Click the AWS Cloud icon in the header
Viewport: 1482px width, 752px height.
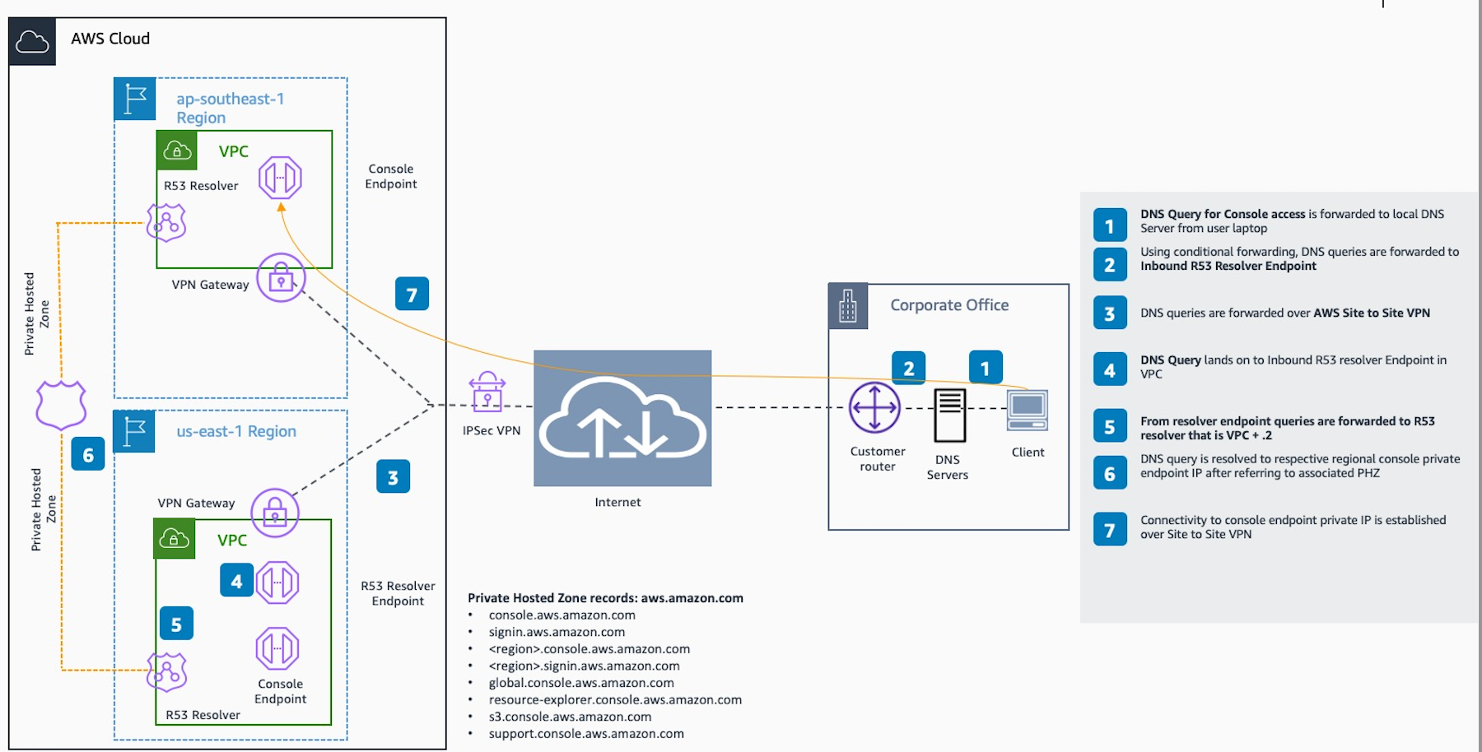pos(32,41)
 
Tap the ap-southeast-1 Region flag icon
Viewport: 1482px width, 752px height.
pos(134,100)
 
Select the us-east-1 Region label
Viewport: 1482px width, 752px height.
pos(236,431)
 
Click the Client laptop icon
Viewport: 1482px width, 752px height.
pos(1027,411)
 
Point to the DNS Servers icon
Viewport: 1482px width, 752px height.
pos(949,415)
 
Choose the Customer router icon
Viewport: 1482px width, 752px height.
pos(874,407)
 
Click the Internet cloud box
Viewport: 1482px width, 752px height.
pos(622,418)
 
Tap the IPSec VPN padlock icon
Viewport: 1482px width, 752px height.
pos(487,392)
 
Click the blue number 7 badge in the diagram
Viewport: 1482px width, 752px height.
pos(412,294)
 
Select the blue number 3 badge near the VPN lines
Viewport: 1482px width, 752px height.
pos(393,477)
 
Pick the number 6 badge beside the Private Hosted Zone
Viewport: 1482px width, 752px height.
pos(88,454)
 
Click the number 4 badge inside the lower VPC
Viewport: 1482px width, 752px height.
pos(236,581)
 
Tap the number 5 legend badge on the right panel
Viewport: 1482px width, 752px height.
pos(1110,427)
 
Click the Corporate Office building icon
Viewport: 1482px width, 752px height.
pos(847,306)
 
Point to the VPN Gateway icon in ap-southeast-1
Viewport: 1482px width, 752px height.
pos(281,278)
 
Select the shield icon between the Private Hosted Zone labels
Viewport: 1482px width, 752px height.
pos(61,405)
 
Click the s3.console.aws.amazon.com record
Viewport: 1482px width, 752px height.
pos(570,717)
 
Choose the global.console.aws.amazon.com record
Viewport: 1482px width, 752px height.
pos(581,683)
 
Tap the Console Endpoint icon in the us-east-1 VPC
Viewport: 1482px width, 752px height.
pos(277,648)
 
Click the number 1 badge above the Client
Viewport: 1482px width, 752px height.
pos(985,368)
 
